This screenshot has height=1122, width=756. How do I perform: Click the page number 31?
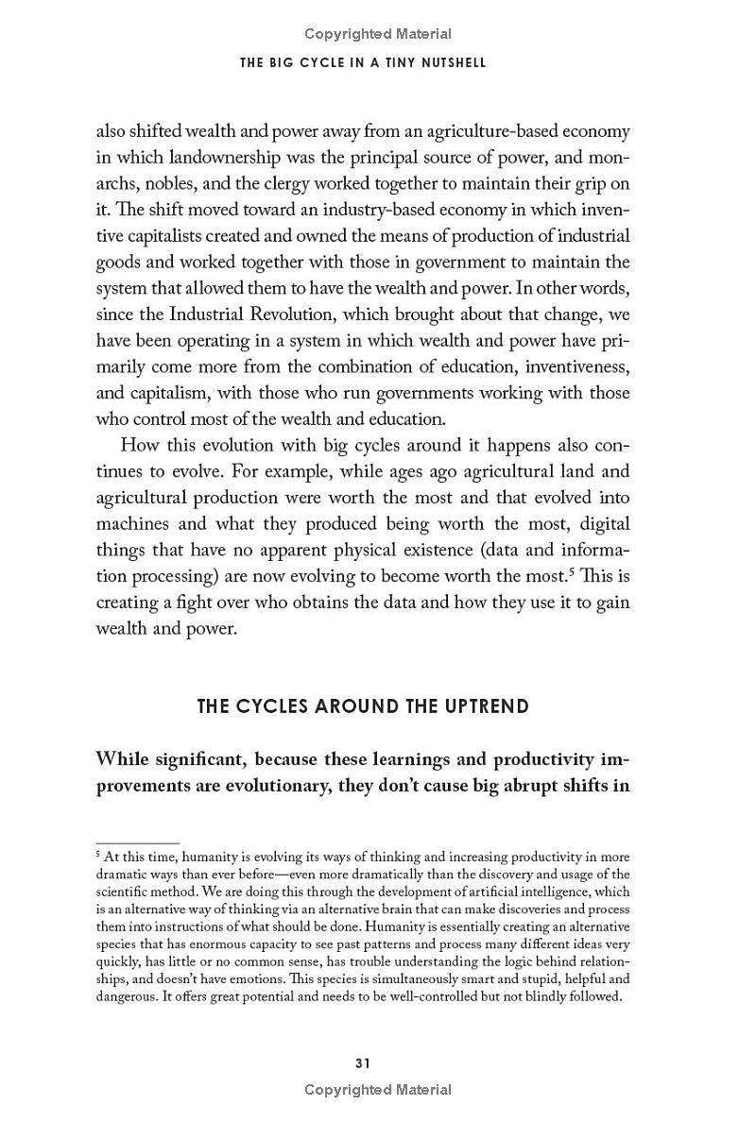[x=362, y=1062]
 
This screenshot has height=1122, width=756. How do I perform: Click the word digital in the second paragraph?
[x=602, y=523]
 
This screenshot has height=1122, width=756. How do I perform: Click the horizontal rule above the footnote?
[x=138, y=842]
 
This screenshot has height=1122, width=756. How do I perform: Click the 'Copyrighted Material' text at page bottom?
[x=378, y=1090]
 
